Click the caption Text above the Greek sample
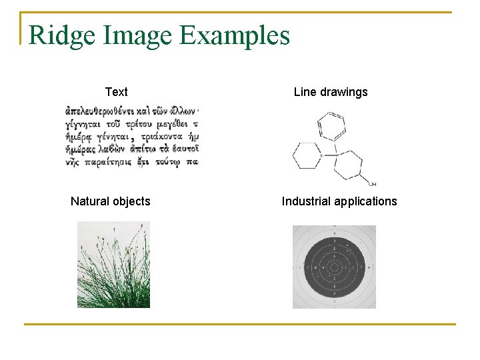(116, 92)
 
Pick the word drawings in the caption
(343, 92)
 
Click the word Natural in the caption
(91, 201)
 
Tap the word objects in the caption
(132, 201)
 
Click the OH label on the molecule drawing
(372, 183)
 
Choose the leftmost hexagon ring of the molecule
(307, 155)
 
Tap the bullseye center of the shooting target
(333, 267)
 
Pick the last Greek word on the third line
(193, 137)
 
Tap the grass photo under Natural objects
(113, 265)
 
